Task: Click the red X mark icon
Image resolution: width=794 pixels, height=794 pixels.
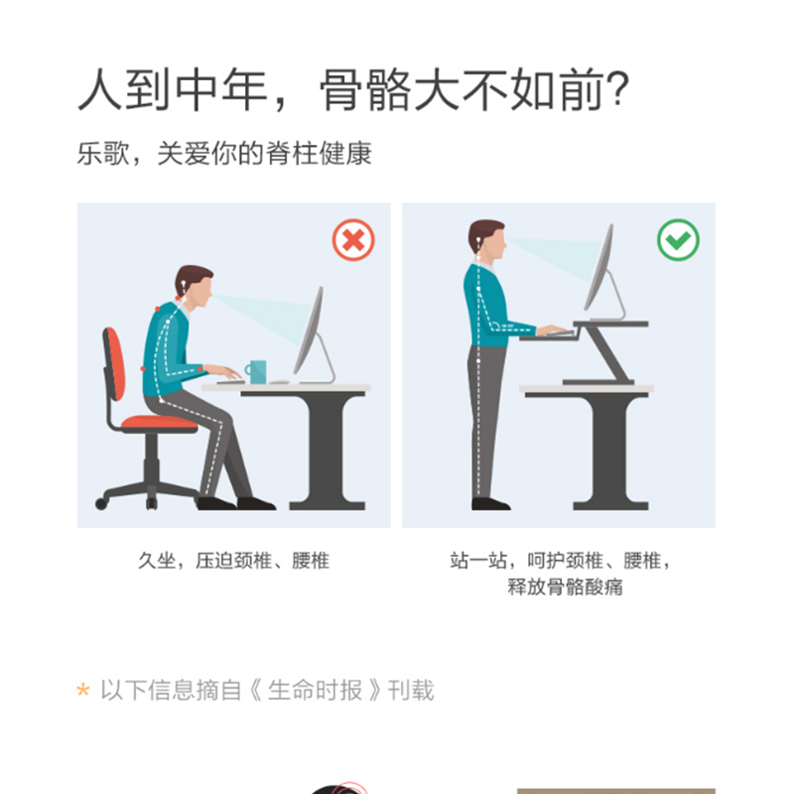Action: [353, 239]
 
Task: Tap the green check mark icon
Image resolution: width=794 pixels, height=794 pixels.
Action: [678, 239]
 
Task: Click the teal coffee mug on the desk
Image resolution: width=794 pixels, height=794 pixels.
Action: [256, 371]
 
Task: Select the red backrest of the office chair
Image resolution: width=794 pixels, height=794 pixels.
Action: [114, 363]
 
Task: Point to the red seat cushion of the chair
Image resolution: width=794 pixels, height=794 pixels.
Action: [159, 422]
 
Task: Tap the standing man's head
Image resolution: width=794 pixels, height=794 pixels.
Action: [487, 239]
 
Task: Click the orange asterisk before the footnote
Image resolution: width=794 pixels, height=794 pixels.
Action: [83, 690]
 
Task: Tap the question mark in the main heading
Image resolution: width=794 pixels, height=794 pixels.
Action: [618, 89]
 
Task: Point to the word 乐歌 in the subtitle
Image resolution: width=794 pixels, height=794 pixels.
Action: [103, 154]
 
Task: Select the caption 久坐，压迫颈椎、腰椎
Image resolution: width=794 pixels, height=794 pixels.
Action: [234, 561]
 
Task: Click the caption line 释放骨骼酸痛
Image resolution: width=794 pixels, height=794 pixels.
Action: [565, 587]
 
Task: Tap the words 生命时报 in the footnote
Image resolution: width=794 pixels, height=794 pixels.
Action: [315, 690]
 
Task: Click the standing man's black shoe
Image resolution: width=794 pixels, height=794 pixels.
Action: [490, 504]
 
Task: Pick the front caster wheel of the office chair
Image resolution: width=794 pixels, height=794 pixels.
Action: [101, 503]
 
